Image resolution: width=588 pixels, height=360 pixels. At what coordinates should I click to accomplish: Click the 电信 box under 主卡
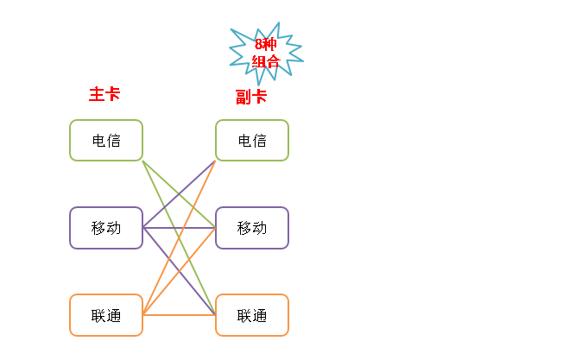[x=106, y=140]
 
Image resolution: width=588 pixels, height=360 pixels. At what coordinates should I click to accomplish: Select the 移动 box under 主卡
[x=106, y=228]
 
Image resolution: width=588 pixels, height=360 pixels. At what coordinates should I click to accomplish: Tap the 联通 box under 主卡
[x=106, y=315]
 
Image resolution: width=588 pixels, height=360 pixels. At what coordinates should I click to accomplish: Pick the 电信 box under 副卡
[x=252, y=140]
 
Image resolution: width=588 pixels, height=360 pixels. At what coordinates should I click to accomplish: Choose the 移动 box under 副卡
[x=252, y=228]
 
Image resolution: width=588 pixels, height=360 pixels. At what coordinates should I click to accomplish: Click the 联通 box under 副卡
[x=252, y=315]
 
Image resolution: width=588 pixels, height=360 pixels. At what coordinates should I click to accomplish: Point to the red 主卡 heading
[x=104, y=94]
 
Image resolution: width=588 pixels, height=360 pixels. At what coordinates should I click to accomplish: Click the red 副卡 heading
[x=251, y=97]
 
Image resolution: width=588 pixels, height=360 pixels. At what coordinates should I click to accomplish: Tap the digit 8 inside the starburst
[x=258, y=45]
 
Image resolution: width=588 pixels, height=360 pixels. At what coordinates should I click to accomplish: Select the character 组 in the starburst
[x=258, y=61]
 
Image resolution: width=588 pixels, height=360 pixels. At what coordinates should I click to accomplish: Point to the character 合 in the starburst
[x=273, y=61]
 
